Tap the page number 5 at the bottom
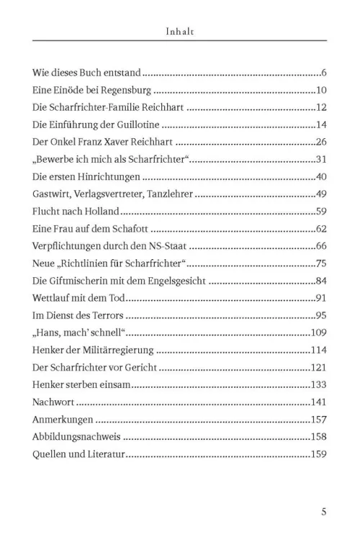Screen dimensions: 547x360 coord(324,512)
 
